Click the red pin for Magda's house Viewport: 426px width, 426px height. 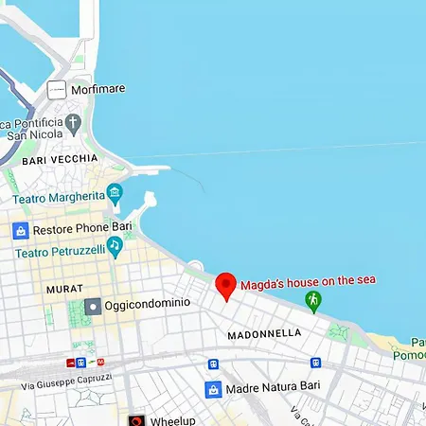[x=225, y=285]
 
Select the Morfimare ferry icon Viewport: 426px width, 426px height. [x=57, y=90]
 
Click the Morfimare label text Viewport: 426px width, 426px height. [x=98, y=90]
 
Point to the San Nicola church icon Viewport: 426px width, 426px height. [x=73, y=123]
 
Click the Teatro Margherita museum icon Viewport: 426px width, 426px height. [x=115, y=194]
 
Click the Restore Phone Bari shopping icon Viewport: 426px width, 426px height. [x=20, y=230]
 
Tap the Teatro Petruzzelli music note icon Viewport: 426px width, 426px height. [x=115, y=245]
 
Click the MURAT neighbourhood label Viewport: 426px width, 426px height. [x=64, y=288]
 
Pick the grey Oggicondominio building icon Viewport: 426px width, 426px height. [x=93, y=306]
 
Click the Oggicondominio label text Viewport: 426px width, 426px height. [x=148, y=303]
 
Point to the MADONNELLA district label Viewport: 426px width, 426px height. [x=264, y=334]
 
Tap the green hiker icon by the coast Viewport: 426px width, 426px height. [x=313, y=300]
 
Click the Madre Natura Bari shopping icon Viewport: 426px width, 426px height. [x=214, y=389]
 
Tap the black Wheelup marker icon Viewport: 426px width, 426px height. [x=137, y=419]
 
